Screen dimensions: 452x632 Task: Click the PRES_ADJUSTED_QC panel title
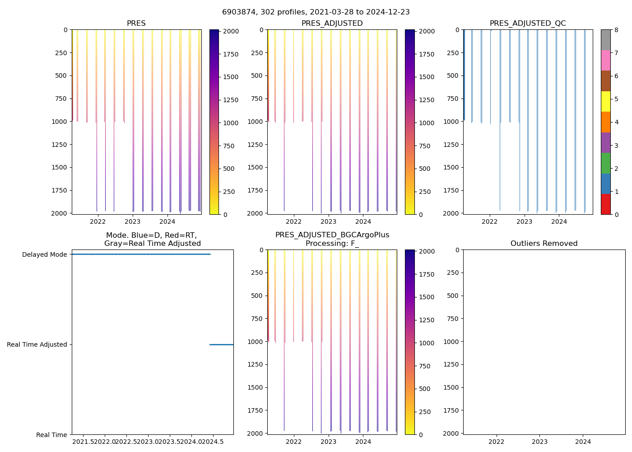[x=528, y=24]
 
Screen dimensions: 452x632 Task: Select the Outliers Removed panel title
[x=544, y=244]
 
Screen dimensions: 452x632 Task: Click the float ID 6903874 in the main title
[x=239, y=12]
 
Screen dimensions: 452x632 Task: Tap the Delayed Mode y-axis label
[x=44, y=254]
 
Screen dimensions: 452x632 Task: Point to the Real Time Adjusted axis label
[x=37, y=344]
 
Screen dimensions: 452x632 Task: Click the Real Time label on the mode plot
[x=51, y=435]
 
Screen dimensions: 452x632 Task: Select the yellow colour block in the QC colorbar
[x=605, y=101]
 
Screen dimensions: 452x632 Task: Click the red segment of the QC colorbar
[x=605, y=204]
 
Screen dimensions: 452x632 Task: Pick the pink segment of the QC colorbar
[x=605, y=60]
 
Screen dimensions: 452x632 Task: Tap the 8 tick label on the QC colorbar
[x=616, y=30]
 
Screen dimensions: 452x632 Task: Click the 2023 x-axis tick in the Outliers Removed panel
[x=539, y=442]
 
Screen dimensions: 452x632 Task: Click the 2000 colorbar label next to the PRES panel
[x=231, y=31]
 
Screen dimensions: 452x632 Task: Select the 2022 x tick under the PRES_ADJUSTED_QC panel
[x=489, y=221]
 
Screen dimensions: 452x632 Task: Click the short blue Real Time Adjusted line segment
[x=221, y=344]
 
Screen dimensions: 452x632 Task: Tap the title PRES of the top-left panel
[x=136, y=24]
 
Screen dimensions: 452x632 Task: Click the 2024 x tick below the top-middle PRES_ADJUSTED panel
[x=363, y=221]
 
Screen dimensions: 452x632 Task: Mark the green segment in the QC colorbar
[x=605, y=163]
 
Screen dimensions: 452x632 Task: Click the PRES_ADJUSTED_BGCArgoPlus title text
[x=332, y=235]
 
